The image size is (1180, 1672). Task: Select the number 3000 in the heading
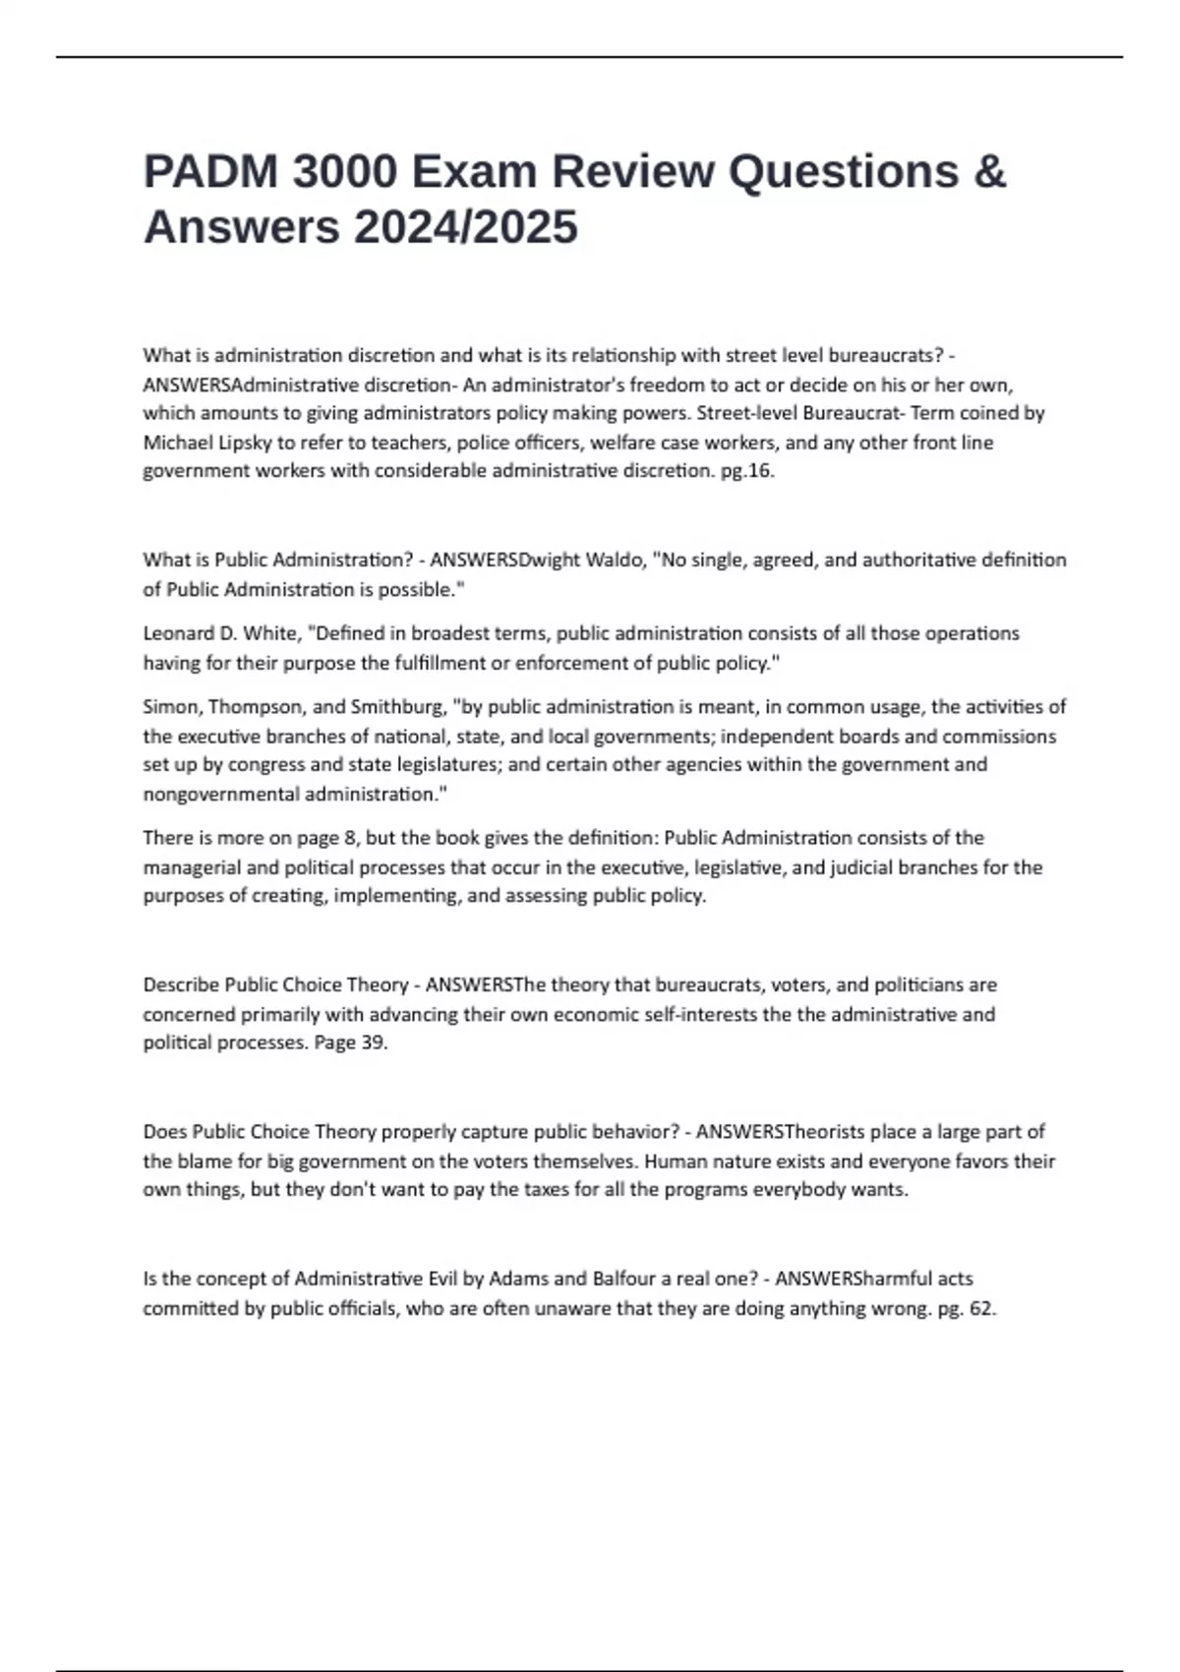pos(345,171)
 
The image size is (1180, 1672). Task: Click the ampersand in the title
pos(990,171)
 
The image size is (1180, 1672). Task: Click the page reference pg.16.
pos(747,471)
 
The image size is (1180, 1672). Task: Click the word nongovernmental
pos(221,794)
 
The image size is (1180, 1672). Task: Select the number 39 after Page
pos(374,1043)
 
